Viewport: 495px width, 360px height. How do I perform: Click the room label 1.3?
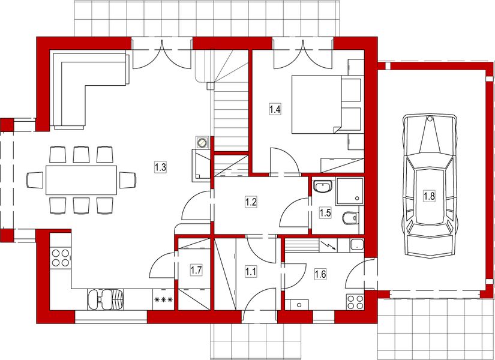pyautogui.click(x=160, y=167)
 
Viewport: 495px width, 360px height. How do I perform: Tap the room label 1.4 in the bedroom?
pyautogui.click(x=274, y=109)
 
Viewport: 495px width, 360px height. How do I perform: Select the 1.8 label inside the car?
pyautogui.click(x=430, y=196)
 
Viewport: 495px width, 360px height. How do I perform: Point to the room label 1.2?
pyautogui.click(x=251, y=202)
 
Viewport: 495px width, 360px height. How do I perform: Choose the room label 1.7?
pyautogui.click(x=196, y=270)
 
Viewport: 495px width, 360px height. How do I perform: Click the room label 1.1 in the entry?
pyautogui.click(x=251, y=271)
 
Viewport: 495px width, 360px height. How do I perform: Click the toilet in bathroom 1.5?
pyautogui.click(x=350, y=217)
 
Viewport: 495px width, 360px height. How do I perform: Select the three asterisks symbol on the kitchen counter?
pyautogui.click(x=163, y=299)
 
